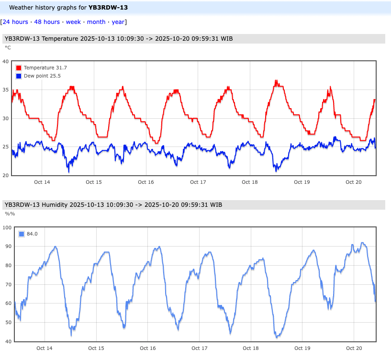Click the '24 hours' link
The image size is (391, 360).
pos(15,22)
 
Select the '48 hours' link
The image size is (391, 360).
pos(47,22)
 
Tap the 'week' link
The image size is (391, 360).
pos(73,22)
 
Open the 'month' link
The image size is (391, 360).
pos(96,22)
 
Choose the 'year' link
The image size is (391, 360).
pos(118,22)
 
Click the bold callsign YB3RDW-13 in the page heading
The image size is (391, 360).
pos(108,8)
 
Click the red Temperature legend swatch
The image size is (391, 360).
pos(19,68)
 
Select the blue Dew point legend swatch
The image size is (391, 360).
pos(19,76)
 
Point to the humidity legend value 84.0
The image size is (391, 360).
pos(32,234)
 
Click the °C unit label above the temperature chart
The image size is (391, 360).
pos(8,47)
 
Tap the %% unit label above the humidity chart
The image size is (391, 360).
pos(10,214)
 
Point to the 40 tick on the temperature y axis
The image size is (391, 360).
pos(6,61)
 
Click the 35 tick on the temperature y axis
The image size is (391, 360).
pos(6,90)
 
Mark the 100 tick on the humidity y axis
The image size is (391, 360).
pos(7,227)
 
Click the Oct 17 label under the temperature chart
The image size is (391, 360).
pos(198,182)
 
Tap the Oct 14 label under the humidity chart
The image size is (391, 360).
pos(44,349)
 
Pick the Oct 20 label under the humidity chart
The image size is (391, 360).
pos(354,349)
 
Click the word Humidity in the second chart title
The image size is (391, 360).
pos(54,205)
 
